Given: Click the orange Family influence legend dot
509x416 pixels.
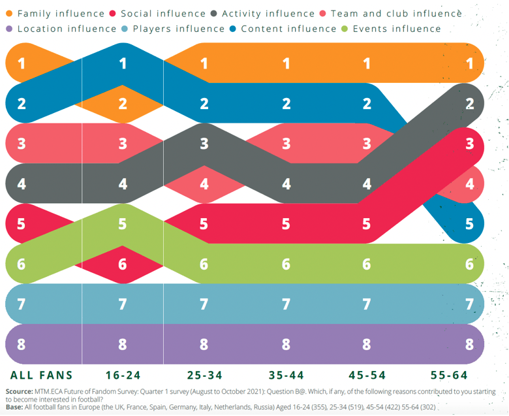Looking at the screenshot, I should pos(8,13).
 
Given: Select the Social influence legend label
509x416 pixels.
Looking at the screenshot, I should pos(163,13).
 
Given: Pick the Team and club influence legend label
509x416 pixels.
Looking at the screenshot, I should pos(396,13).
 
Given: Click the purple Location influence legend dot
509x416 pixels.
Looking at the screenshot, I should pos(8,29).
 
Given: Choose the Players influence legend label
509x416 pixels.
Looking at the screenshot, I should pos(179,29).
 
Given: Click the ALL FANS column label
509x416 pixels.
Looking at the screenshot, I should pos(42,376).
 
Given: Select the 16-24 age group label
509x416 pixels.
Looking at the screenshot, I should pos(123,376).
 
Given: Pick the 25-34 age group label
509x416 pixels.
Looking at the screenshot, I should pos(204,376).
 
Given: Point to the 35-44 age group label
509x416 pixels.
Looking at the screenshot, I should pos(286,376).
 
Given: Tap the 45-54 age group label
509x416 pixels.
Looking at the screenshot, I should pos(367,376).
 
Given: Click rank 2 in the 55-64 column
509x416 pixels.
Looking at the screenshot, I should pos(469,103).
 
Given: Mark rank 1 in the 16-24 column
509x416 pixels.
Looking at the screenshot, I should pos(123,63).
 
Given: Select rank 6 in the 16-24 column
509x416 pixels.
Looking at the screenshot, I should pos(123,264).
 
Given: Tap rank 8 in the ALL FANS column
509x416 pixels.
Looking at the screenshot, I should pos(22,344).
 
